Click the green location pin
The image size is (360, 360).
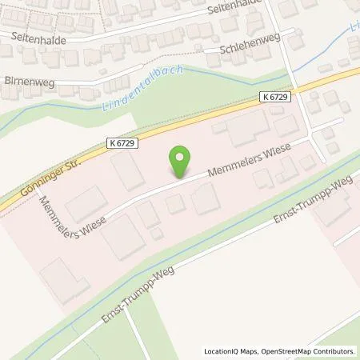click(x=182, y=162)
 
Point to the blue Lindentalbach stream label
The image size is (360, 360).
click(x=144, y=88)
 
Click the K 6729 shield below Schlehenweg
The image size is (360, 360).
click(x=276, y=96)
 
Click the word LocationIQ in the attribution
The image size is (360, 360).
click(x=222, y=350)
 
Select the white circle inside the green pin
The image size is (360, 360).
click(x=182, y=157)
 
